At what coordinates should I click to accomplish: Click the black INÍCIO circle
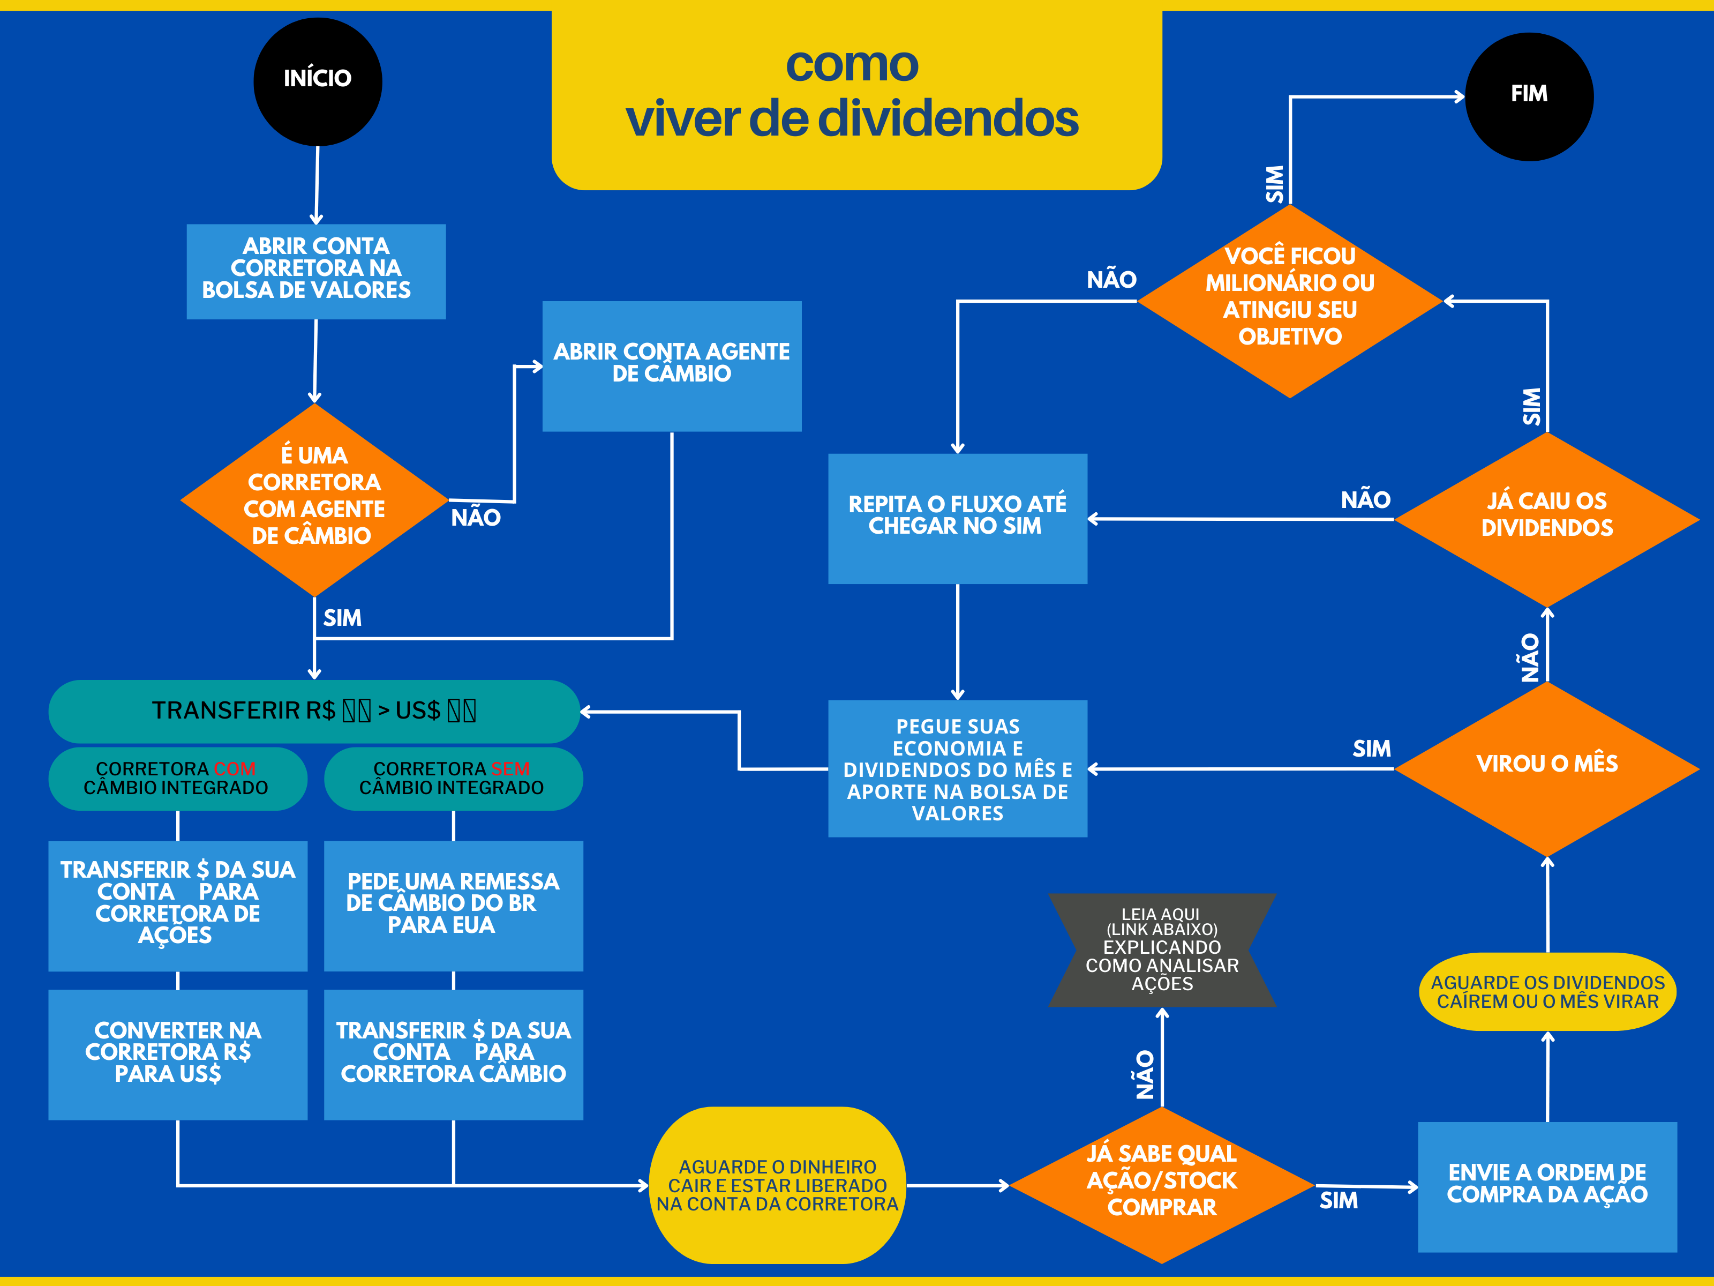click(x=318, y=81)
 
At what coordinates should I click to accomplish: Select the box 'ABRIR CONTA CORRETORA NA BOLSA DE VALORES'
click(x=316, y=271)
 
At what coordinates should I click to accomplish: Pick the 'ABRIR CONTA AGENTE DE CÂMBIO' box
click(x=672, y=366)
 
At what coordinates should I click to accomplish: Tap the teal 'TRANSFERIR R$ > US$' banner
click(x=314, y=711)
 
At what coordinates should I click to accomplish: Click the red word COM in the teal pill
click(x=235, y=768)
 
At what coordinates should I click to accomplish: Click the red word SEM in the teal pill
click(x=510, y=768)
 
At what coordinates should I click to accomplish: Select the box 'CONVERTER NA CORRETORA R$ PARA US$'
click(x=177, y=1053)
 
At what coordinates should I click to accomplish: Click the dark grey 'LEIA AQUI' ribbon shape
click(x=1162, y=949)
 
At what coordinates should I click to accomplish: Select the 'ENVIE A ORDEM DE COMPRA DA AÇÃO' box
click(x=1547, y=1185)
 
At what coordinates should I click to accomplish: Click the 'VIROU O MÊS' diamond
click(x=1547, y=767)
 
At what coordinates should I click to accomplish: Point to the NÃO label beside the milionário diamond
click(x=1111, y=280)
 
